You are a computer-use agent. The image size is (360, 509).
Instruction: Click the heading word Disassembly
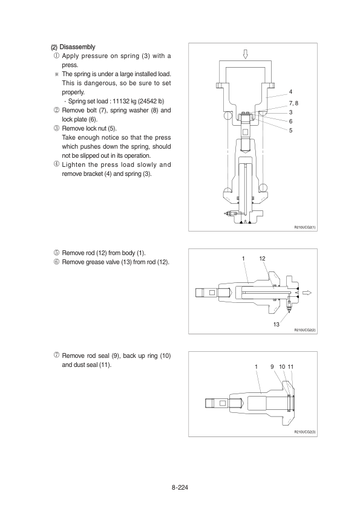[x=77, y=47]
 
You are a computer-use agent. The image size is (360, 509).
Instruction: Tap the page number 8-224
[x=180, y=487]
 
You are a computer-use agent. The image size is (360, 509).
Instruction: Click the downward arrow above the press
[x=245, y=54]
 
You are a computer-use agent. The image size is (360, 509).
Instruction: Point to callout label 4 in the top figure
[x=290, y=92]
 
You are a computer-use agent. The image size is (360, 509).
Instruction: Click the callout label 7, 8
[x=293, y=103]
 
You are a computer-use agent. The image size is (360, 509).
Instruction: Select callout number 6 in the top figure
[x=290, y=122]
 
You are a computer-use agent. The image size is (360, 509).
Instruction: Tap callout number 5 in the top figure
[x=290, y=131]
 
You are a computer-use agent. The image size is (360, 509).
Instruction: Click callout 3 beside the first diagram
[x=290, y=112]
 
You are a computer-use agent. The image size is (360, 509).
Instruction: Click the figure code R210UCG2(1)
[x=305, y=227]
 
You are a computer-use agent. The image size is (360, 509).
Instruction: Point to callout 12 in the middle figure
[x=262, y=259]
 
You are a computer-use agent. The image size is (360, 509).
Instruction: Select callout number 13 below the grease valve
[x=276, y=324]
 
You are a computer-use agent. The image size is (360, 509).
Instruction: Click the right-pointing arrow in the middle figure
[x=307, y=293]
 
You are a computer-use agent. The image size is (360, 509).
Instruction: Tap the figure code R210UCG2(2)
[x=305, y=330]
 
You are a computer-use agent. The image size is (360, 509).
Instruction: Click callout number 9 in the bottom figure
[x=272, y=367]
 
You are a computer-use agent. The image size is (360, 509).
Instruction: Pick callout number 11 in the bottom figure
[x=290, y=367]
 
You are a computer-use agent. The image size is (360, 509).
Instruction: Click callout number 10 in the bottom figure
[x=282, y=367]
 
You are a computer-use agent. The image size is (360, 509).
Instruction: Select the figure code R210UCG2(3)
[x=305, y=432]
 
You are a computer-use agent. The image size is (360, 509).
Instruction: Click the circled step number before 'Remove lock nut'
[x=56, y=128]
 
